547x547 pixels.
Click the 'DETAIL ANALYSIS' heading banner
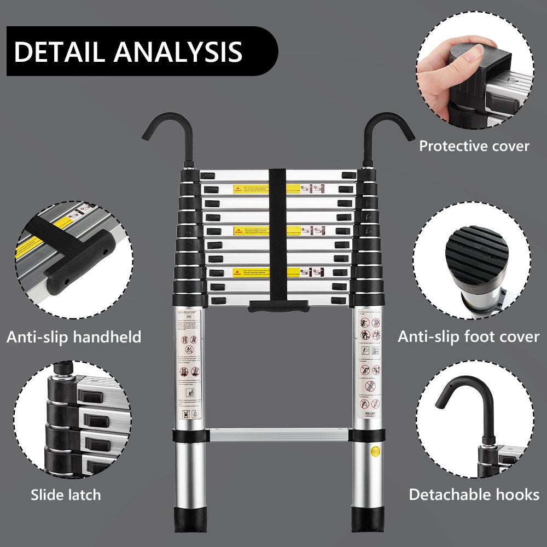[x=129, y=51]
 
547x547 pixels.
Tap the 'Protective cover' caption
[x=474, y=146]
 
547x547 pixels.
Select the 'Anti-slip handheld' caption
[x=74, y=337]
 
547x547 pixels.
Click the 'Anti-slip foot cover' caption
[x=468, y=336]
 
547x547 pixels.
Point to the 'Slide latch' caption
[x=66, y=496]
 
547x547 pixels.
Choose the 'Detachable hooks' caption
[x=474, y=495]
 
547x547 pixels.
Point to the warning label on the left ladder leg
[x=188, y=364]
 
